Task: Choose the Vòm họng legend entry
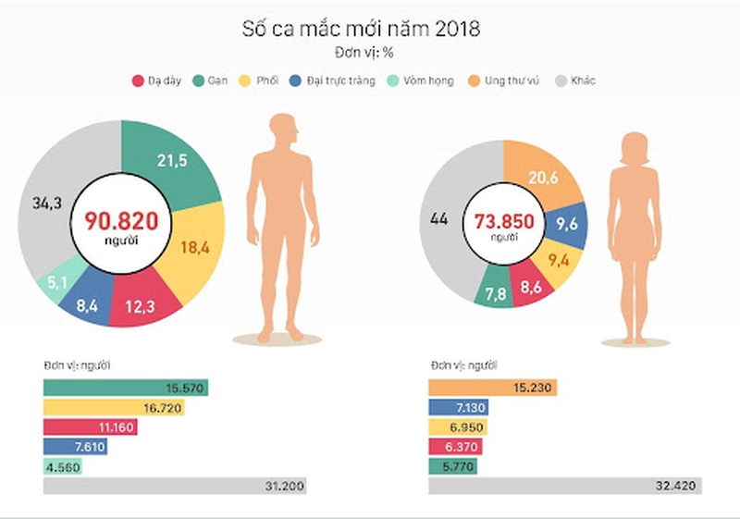tap(423, 80)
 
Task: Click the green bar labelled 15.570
tap(125, 387)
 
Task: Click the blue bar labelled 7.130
tap(458, 408)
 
